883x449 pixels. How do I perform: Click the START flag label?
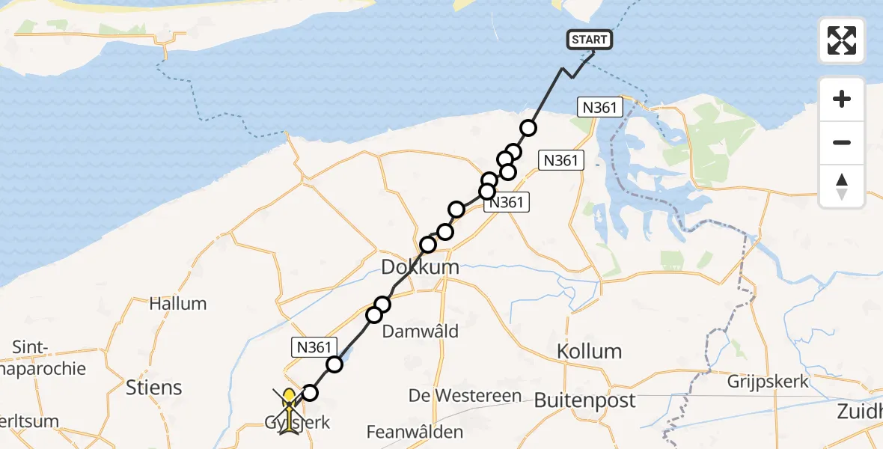click(590, 40)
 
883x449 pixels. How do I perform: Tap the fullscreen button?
click(842, 40)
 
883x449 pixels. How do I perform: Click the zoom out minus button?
click(842, 142)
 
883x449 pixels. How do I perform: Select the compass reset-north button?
click(842, 186)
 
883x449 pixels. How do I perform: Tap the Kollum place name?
click(590, 351)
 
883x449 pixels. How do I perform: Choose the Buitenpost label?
click(584, 400)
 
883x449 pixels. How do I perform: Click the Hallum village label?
click(177, 304)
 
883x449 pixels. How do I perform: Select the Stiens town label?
click(154, 387)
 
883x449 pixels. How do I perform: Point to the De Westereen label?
click(465, 396)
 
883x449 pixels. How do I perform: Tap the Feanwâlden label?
click(415, 432)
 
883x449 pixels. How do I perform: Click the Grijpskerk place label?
click(768, 382)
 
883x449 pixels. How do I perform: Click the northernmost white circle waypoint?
click(528, 128)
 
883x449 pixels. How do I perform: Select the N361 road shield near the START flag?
click(600, 108)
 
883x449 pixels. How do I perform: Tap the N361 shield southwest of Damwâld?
click(310, 346)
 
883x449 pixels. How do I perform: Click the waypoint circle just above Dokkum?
click(428, 245)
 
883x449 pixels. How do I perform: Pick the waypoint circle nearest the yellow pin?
click(309, 393)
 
